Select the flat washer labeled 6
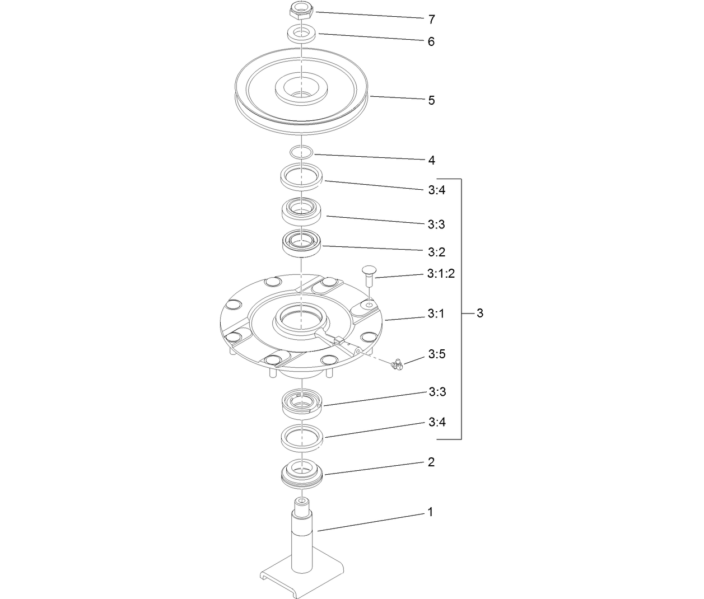[x=301, y=33]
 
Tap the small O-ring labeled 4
[x=301, y=152]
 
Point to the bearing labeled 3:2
[x=301, y=243]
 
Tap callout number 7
[x=431, y=20]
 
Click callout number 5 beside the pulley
[x=431, y=101]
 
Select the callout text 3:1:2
[x=441, y=274]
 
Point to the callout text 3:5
[x=437, y=354]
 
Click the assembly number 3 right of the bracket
[x=479, y=313]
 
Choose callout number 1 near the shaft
[x=430, y=512]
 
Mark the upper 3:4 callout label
[x=436, y=190]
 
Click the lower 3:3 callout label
[x=436, y=391]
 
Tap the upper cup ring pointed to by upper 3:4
[x=301, y=176]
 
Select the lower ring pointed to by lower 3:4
[x=301, y=437]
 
